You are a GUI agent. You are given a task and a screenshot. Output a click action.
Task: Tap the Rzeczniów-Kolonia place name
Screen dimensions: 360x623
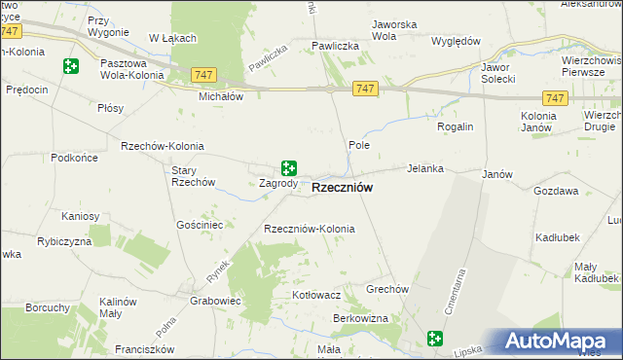tap(310, 229)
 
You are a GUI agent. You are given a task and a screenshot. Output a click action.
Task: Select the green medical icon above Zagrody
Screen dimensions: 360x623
tap(288, 168)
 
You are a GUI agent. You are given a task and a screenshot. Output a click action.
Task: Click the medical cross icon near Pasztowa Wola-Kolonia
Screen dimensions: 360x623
tap(70, 66)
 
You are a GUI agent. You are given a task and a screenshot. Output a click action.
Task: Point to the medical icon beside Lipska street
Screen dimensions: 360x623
tap(435, 339)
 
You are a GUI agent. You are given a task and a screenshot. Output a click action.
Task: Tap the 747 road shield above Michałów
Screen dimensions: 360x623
tap(203, 75)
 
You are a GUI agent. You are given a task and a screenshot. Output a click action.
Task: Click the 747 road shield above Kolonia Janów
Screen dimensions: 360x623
tap(555, 98)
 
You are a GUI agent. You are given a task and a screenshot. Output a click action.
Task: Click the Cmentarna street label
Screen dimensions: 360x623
tap(453, 292)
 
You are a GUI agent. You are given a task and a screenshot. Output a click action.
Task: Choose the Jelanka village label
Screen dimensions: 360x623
tap(425, 168)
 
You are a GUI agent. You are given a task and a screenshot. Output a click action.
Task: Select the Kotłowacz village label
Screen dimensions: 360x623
tap(315, 294)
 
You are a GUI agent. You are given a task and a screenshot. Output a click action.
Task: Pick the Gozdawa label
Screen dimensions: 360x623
tap(556, 192)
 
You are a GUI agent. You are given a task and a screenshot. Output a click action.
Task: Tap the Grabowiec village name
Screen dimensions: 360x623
tap(216, 301)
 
